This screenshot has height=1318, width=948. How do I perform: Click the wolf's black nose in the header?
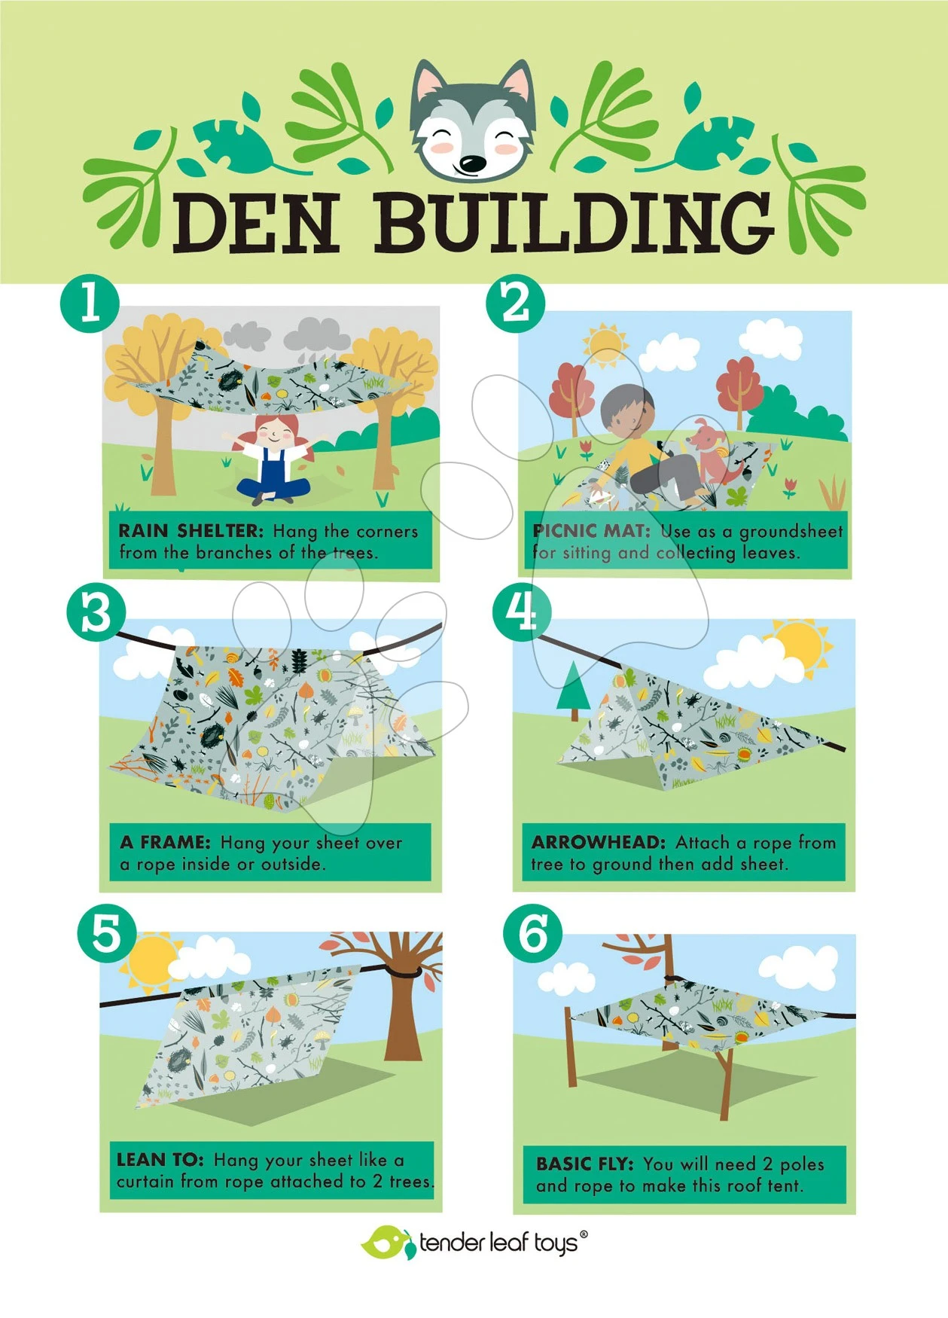(473, 163)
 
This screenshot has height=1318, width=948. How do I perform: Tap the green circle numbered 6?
(533, 935)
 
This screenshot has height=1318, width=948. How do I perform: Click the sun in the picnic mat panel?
(604, 344)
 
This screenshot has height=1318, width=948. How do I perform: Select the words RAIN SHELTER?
(191, 531)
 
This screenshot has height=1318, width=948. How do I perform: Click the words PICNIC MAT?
(591, 531)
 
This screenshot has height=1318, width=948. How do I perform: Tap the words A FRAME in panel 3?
(165, 842)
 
